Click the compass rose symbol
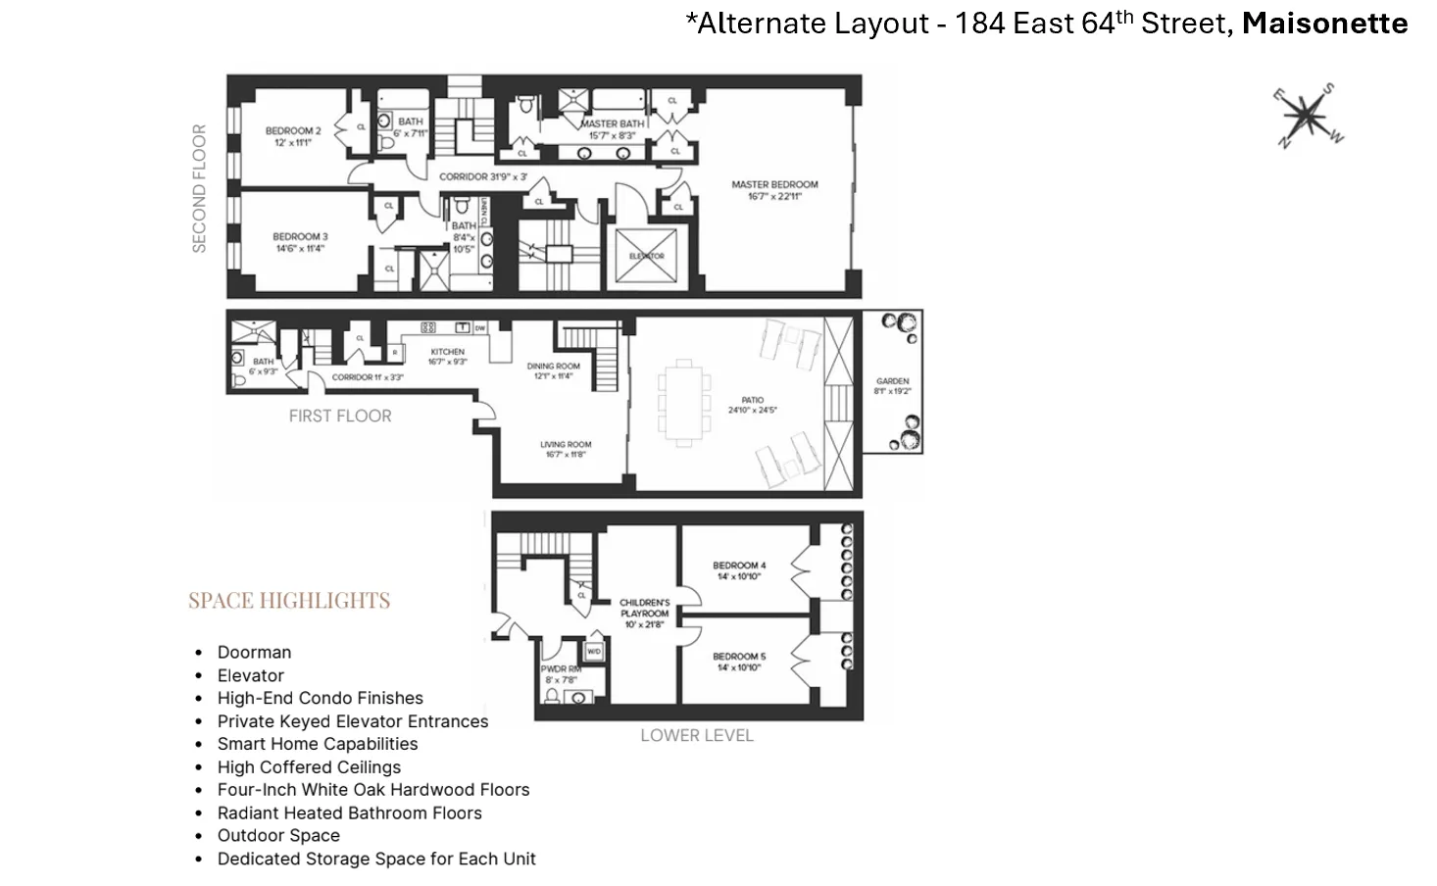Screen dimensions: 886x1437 [1309, 116]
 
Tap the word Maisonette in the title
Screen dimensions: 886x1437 [1324, 24]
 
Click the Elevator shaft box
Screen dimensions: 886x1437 [646, 256]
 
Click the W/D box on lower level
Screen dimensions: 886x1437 [593, 652]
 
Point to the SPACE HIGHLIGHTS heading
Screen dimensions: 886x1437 [289, 601]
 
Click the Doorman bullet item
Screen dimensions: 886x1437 [254, 653]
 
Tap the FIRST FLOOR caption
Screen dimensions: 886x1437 [340, 417]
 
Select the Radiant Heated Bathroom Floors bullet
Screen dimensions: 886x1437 [349, 813]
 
